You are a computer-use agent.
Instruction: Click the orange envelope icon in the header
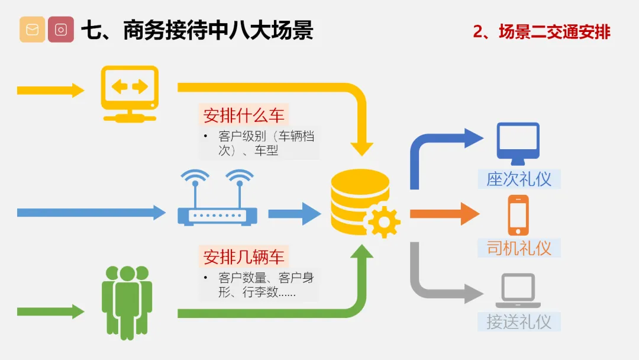point(32,30)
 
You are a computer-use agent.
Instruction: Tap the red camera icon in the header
point(61,30)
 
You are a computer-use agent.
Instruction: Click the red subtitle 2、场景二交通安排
point(541,32)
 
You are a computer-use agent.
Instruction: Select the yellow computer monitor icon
point(130,94)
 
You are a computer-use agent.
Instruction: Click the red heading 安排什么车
point(244,115)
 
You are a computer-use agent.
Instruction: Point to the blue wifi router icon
point(217,197)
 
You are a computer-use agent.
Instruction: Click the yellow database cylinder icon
point(360,201)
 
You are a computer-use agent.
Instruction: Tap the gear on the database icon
point(384,222)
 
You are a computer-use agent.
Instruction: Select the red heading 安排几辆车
point(244,257)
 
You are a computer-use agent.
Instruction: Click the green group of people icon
point(127,303)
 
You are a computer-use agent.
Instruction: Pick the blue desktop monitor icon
point(518,143)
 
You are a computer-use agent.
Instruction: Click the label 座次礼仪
point(519,179)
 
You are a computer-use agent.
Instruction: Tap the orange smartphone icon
point(518,216)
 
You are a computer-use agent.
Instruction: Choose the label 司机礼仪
point(519,248)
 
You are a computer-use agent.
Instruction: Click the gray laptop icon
point(518,290)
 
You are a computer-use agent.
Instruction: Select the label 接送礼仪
point(519,322)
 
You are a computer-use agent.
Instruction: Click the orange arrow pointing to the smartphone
point(444,214)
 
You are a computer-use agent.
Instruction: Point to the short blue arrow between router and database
point(295,214)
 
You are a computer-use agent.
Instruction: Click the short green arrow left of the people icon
point(50,312)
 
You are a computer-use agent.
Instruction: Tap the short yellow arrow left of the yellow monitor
point(50,90)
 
